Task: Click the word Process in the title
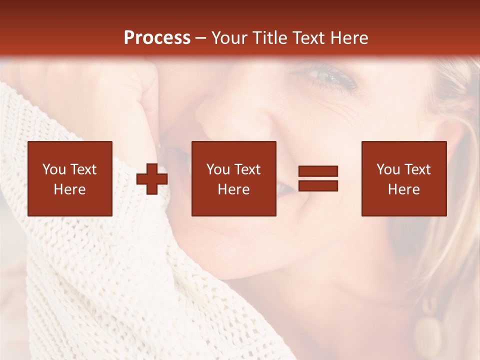pos(157,38)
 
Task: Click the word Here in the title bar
pos(350,38)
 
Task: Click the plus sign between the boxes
pos(152,179)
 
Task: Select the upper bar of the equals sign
pos(318,171)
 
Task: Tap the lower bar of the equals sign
pos(318,186)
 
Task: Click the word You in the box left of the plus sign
pos(54,169)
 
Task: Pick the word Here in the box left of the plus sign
pos(70,189)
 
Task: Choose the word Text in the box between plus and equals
pos(247,169)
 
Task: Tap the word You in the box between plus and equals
pos(218,169)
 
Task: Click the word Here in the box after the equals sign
pos(404,189)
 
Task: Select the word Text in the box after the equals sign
pos(417,169)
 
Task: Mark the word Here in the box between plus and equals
pos(234,189)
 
